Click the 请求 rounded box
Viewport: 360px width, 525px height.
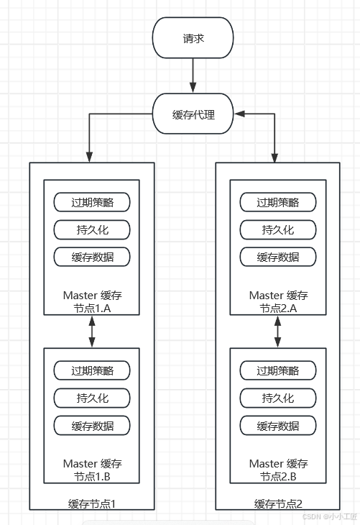(x=193, y=38)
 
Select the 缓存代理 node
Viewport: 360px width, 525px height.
(x=193, y=114)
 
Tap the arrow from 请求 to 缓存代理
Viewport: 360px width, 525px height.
(x=193, y=76)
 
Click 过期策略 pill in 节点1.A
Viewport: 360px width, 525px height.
(x=92, y=202)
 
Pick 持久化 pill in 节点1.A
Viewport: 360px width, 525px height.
(x=92, y=229)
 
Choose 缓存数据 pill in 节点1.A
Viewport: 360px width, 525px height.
(x=92, y=257)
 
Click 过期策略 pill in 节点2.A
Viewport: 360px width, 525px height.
(x=278, y=202)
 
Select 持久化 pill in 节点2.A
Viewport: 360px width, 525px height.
(x=278, y=229)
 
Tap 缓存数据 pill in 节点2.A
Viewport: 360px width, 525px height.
(x=278, y=257)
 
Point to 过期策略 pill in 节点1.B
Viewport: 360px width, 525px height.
(x=92, y=370)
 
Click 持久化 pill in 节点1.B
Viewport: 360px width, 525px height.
(x=92, y=398)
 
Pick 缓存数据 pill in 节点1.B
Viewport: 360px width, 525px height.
(x=92, y=426)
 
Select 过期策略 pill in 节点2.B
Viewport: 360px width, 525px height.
(x=278, y=370)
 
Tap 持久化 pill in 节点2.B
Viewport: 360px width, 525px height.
(x=278, y=398)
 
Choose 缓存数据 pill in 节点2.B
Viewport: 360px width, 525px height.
(x=278, y=426)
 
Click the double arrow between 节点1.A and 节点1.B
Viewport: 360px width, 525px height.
(x=92, y=332)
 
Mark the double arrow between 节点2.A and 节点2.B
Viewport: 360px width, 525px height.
(x=277, y=332)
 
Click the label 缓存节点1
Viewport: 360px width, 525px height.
(x=92, y=504)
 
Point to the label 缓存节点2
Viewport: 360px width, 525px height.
(x=278, y=504)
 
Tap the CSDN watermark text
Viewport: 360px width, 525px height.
(x=330, y=516)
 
